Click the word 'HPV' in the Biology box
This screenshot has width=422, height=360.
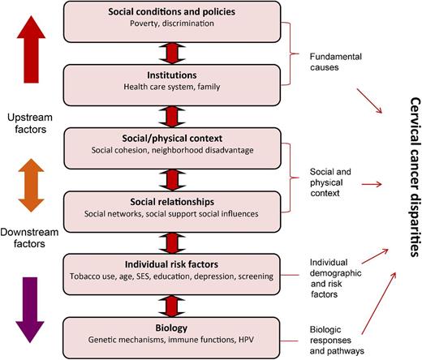point(261,341)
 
